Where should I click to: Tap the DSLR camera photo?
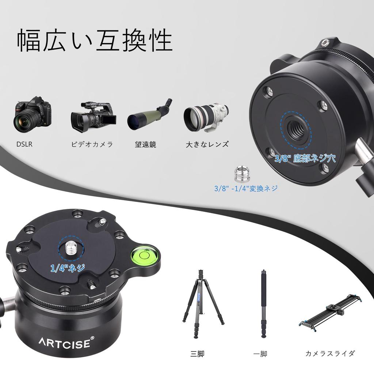pyautogui.click(x=33, y=114)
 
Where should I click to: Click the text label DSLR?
pyautogui.click(x=24, y=144)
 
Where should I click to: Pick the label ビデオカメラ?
pyautogui.click(x=92, y=144)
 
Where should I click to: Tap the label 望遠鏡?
pyautogui.click(x=145, y=144)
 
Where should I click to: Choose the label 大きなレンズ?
pyautogui.click(x=207, y=144)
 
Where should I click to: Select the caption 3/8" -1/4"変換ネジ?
pyautogui.click(x=246, y=188)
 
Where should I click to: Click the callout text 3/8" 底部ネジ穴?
pyautogui.click(x=305, y=159)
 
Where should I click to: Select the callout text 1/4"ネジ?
pyautogui.click(x=68, y=269)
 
